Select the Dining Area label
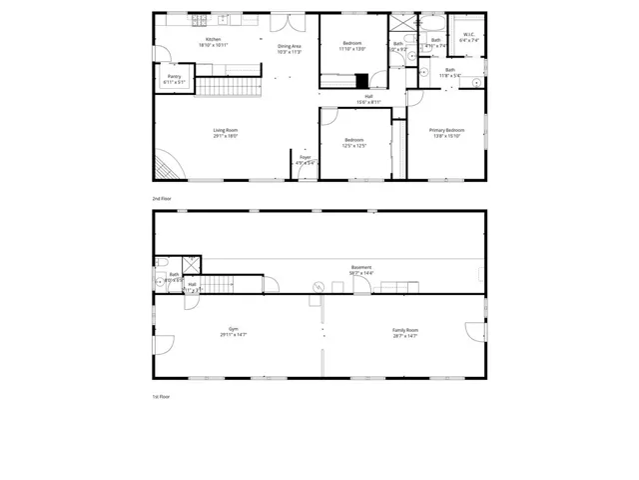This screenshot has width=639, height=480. tap(290, 49)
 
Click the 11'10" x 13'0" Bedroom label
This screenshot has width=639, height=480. tap(352, 46)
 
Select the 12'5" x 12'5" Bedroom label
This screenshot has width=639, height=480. tap(354, 142)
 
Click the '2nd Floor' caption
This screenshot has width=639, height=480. tap(162, 199)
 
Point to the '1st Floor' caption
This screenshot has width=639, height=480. tap(162, 396)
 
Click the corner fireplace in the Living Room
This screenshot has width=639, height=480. tap(167, 164)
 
